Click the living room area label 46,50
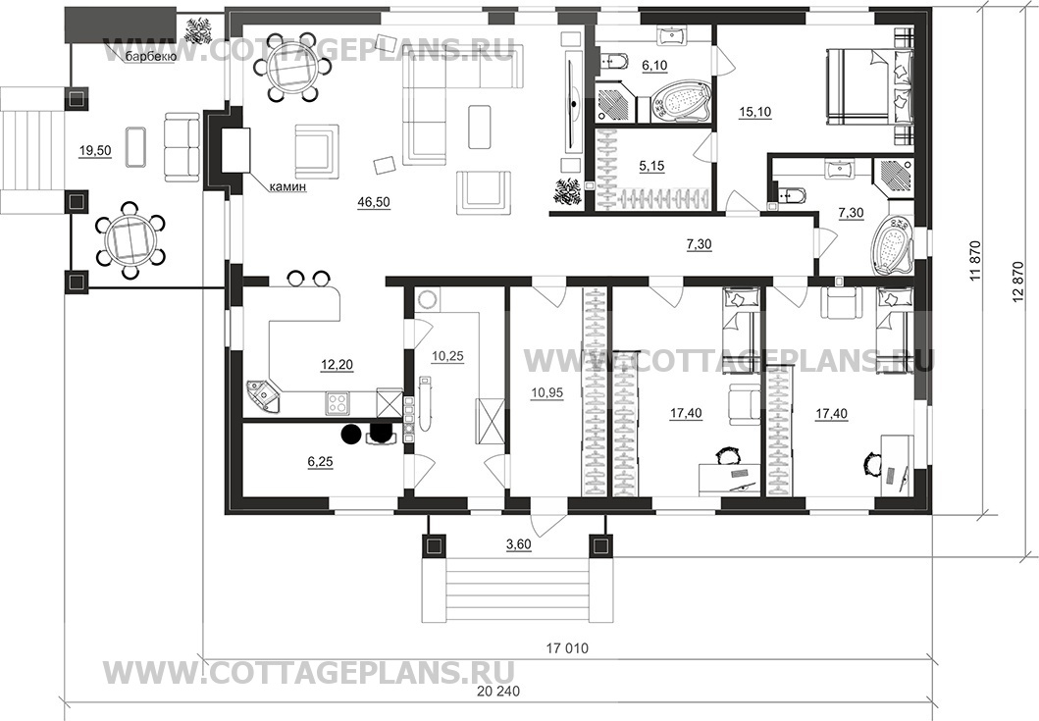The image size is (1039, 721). coord(374,203)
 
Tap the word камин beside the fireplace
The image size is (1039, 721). coord(287,187)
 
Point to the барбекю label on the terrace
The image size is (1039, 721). coord(150,58)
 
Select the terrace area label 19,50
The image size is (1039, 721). coord(95,151)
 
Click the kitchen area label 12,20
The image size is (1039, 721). coord(337,364)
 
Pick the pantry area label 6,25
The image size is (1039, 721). coord(320,462)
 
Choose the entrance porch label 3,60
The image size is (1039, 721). coord(519,544)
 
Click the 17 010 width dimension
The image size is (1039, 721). coord(566,648)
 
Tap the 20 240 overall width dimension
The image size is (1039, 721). coord(498,692)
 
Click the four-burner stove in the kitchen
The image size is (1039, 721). coord(338,403)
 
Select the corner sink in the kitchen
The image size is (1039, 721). coord(263,397)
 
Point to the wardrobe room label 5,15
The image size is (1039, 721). coord(651,167)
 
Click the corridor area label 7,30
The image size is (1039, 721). coord(699,244)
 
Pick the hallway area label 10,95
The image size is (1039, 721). coord(546,393)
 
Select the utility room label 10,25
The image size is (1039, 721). coord(447,356)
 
